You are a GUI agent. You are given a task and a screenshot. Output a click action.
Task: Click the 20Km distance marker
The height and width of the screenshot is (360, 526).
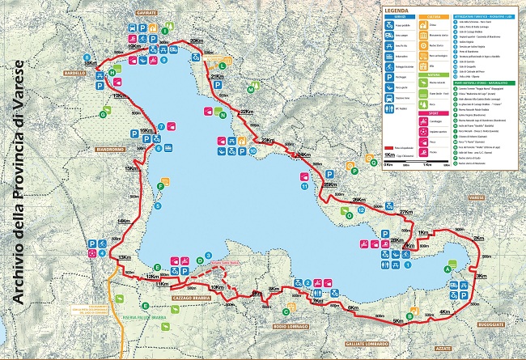195,41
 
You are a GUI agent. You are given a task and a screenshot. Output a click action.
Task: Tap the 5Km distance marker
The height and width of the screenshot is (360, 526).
397,321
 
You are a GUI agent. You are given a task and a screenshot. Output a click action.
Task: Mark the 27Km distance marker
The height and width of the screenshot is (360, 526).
406,212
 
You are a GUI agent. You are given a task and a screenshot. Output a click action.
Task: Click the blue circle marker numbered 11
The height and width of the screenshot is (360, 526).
303,185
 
